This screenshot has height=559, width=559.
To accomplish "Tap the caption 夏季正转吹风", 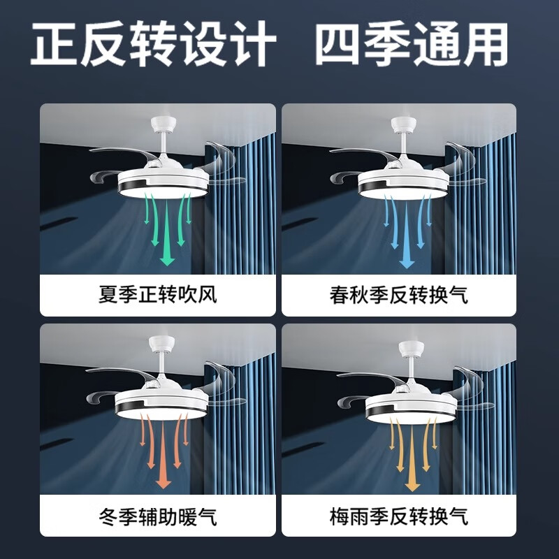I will (158, 295).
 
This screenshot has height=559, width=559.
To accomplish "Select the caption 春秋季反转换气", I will (399, 295).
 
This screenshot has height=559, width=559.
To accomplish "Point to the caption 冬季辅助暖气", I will (158, 517).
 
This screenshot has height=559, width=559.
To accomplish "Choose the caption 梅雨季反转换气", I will (399, 517).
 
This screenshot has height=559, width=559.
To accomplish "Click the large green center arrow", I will (167, 238).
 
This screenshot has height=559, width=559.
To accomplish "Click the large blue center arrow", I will (407, 238).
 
